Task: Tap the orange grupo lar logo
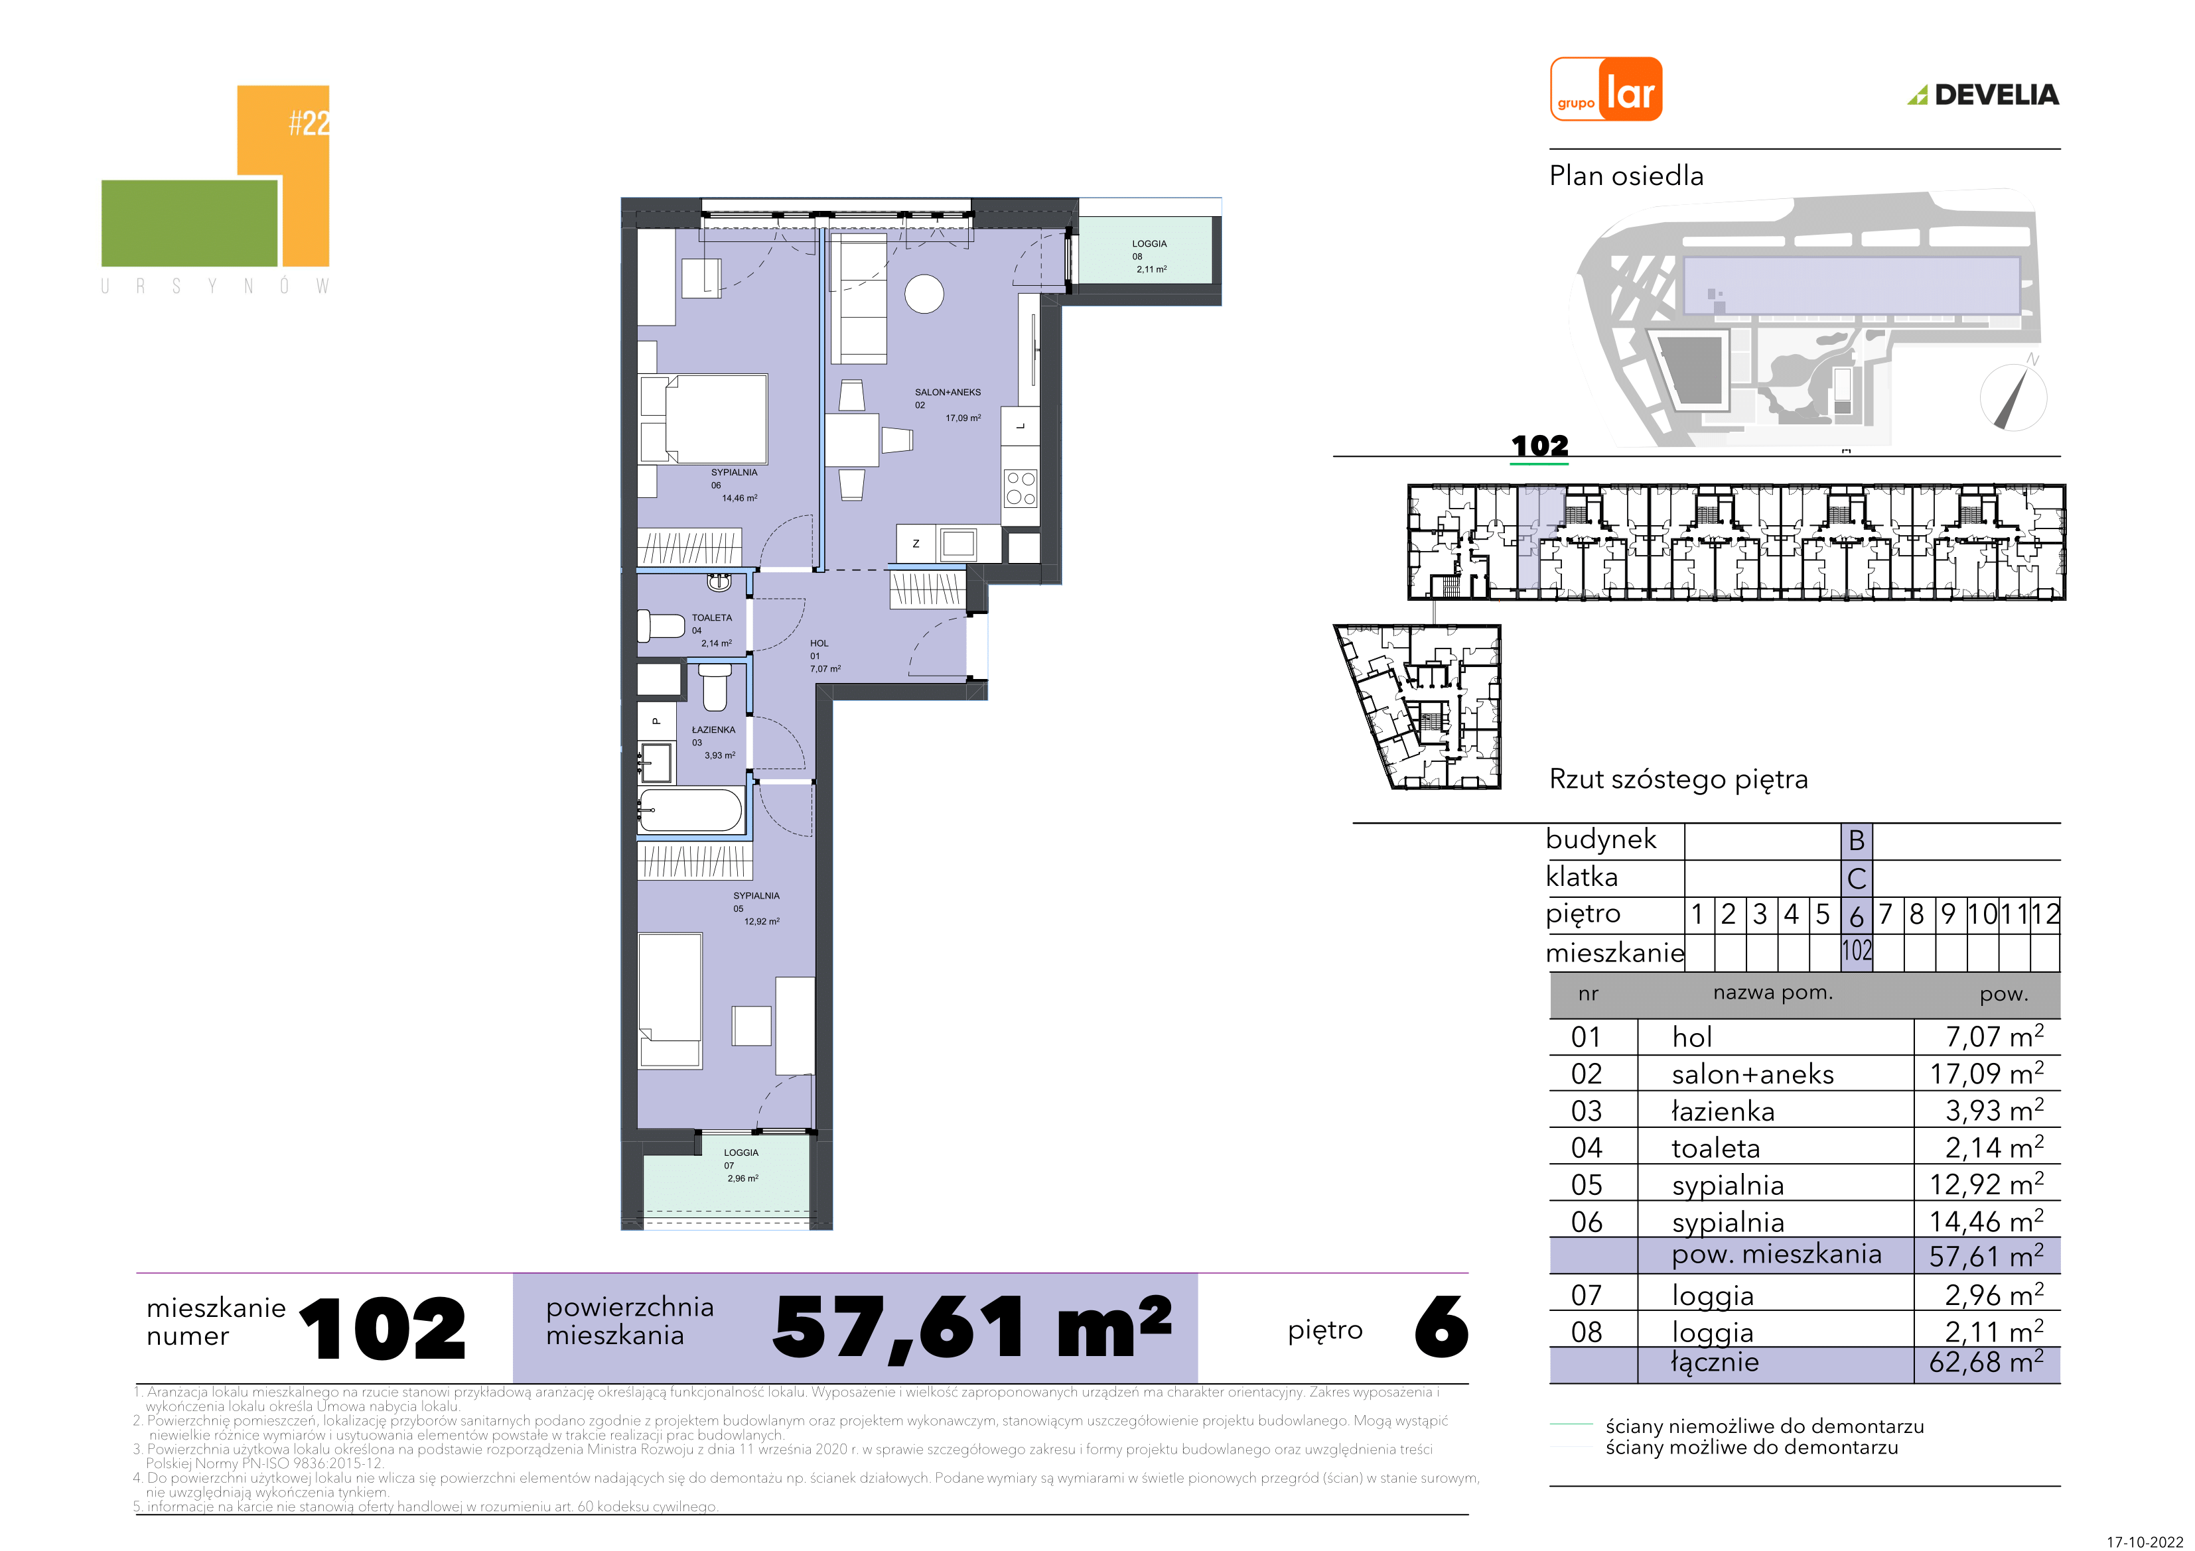coord(1606,89)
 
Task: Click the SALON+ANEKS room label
coord(948,392)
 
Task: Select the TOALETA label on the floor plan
coord(712,617)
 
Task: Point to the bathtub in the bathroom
coord(690,810)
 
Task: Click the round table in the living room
coord(924,294)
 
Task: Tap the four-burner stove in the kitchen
coord(1020,488)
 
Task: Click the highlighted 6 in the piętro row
coord(1857,916)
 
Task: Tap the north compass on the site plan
coord(2013,396)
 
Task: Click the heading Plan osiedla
coord(1626,176)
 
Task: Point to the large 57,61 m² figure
coord(971,1328)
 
